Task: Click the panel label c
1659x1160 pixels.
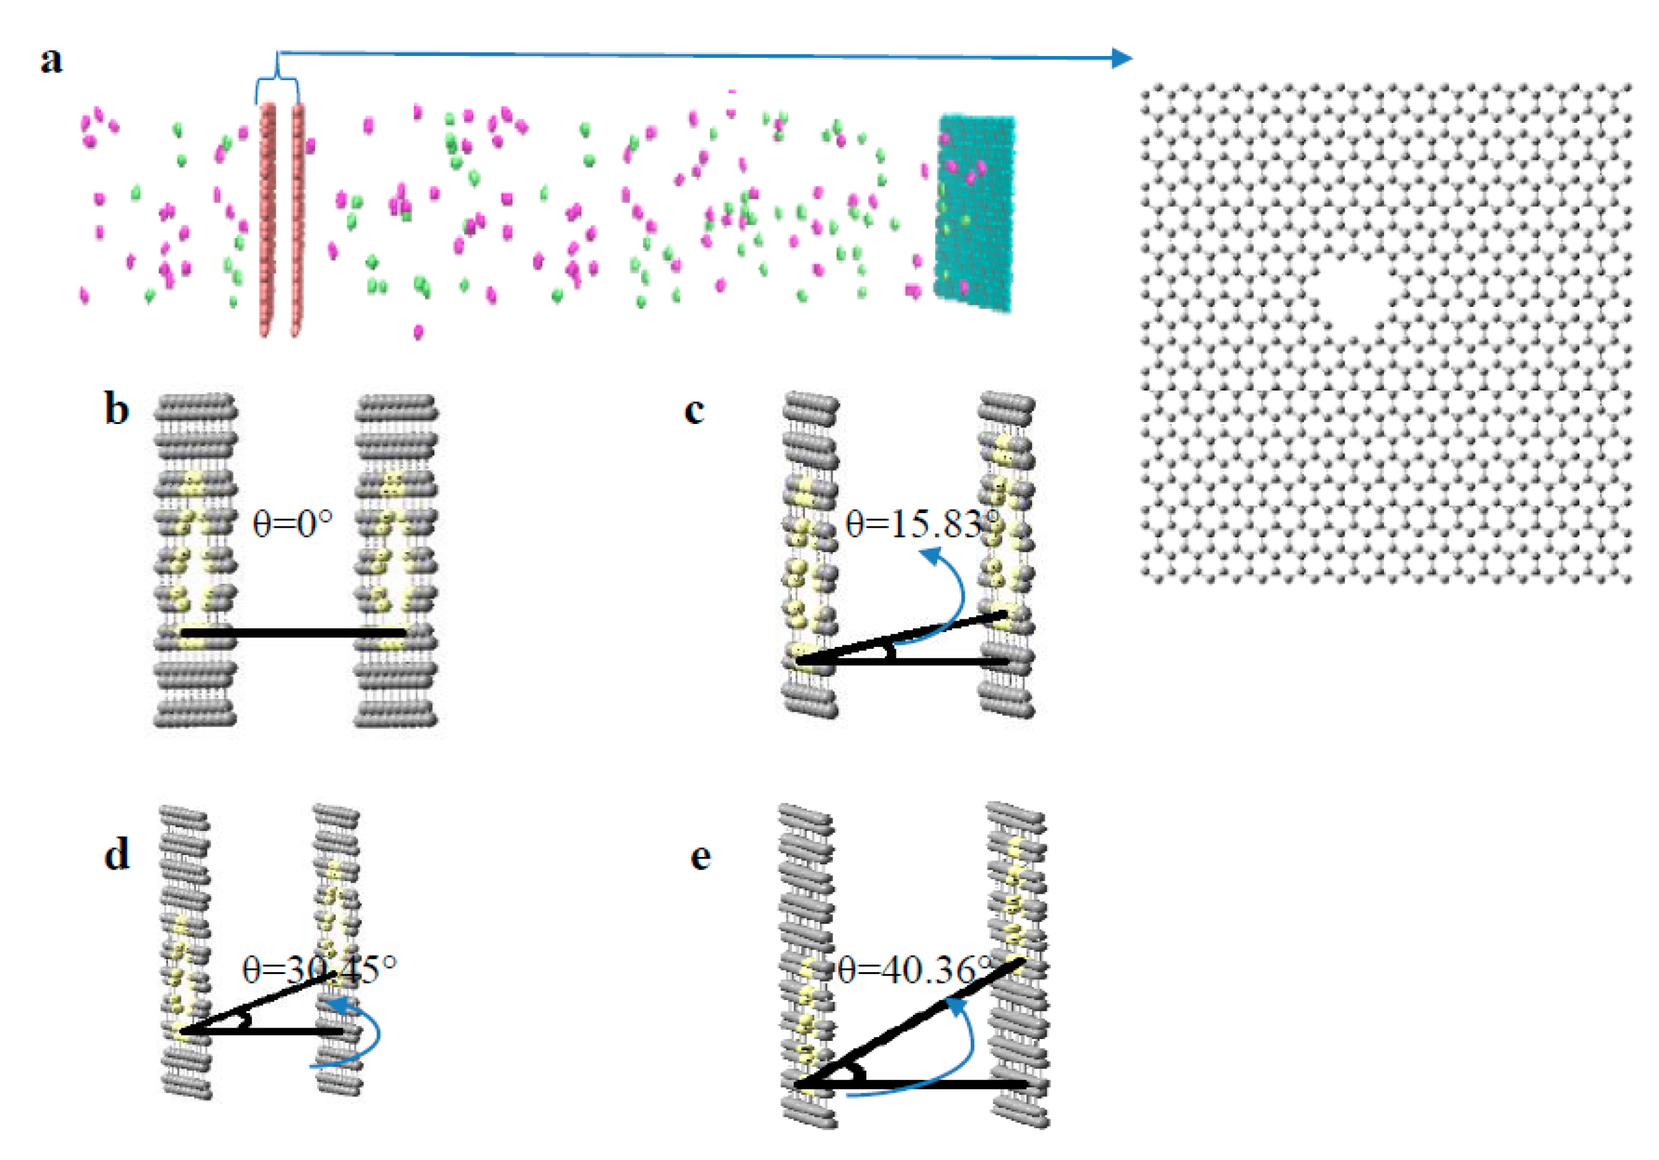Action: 694,410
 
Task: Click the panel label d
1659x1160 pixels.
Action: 116,854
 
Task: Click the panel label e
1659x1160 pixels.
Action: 700,856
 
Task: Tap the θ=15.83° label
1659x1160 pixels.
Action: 922,523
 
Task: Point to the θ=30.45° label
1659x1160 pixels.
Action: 319,968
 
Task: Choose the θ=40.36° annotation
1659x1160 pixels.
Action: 915,969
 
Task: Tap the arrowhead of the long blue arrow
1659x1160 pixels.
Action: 1122,58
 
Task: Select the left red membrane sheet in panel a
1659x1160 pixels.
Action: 267,217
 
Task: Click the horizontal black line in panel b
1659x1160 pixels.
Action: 293,633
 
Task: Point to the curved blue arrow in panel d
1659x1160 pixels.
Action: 372,1033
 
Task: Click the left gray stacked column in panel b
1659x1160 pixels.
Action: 195,560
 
